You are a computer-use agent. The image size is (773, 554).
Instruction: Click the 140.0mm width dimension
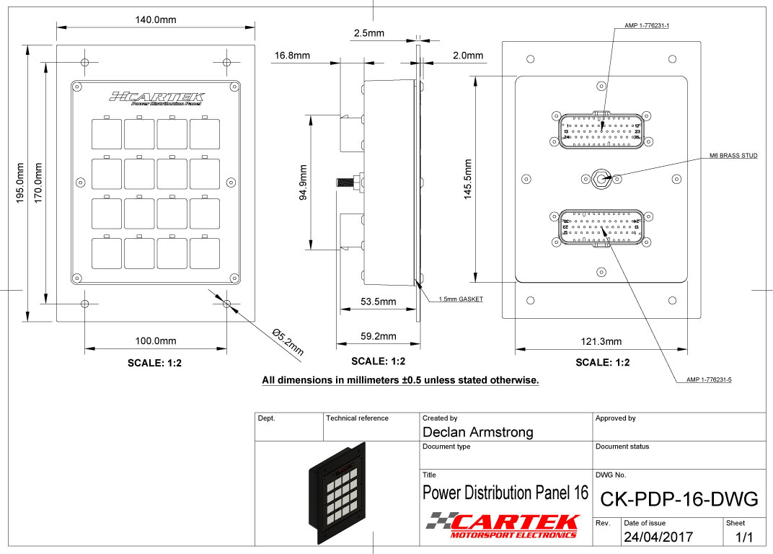pos(156,19)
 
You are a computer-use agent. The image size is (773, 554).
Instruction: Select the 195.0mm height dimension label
pos(22,183)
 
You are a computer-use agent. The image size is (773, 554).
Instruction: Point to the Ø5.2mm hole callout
pos(288,342)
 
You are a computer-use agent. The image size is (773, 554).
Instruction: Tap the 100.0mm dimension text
pos(155,340)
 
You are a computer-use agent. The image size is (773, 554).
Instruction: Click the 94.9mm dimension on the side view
pos(303,183)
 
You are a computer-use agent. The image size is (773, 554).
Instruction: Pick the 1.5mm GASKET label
pos(460,299)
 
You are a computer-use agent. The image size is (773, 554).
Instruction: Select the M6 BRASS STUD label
pos(733,156)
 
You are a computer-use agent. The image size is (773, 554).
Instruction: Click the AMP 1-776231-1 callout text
pos(647,26)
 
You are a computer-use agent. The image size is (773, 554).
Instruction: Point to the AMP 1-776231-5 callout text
pos(709,379)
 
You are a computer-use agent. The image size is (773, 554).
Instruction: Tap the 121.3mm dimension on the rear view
pos(601,341)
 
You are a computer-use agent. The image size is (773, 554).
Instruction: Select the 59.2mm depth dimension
pos(378,336)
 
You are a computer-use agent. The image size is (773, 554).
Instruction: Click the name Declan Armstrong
pos(477,432)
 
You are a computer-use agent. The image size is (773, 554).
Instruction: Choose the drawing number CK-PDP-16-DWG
pos(679,498)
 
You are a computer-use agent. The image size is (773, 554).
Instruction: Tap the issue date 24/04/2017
pos(658,537)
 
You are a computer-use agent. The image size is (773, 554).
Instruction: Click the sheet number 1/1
pos(743,537)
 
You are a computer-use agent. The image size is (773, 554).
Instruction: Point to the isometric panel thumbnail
pos(337,491)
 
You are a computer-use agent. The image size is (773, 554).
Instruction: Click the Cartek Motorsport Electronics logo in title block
pos(505,524)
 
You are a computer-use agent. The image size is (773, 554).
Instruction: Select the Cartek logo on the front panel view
pos(156,98)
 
